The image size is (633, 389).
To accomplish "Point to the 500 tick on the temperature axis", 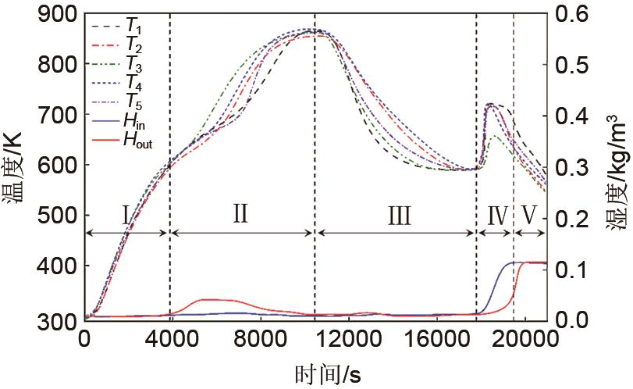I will point(58,217).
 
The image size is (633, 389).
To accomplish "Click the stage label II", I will point(240,212).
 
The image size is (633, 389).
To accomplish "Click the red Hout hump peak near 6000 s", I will point(207,299).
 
